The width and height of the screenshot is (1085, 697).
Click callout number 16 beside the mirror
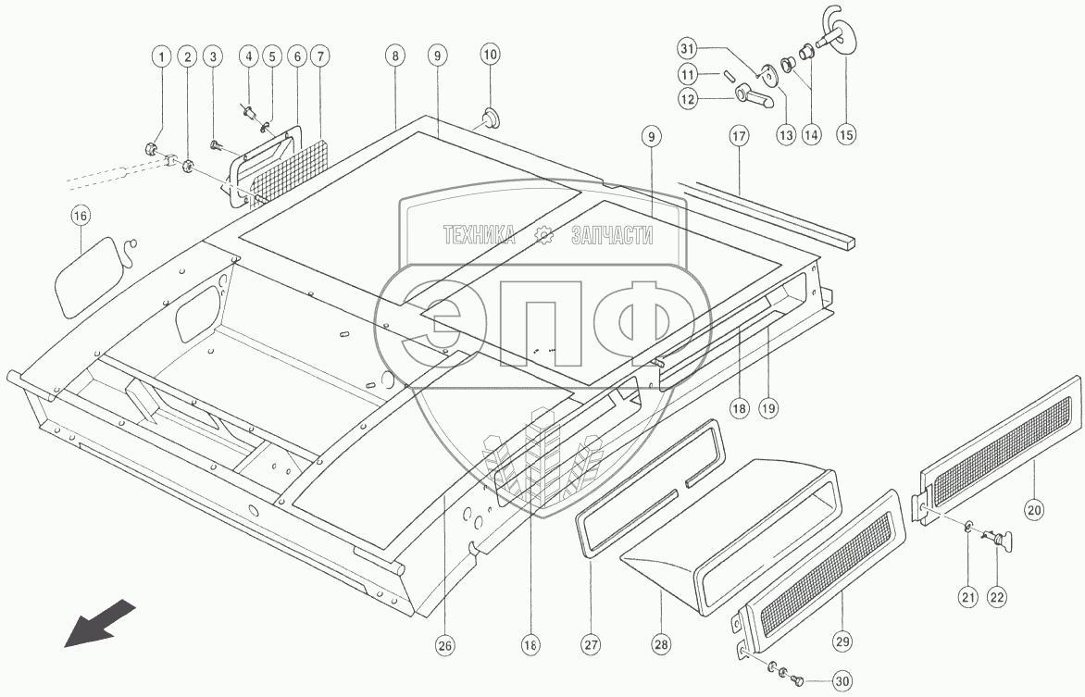click(x=81, y=216)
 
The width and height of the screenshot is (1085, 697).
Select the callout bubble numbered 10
click(x=490, y=56)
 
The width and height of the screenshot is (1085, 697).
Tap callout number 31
click(x=686, y=49)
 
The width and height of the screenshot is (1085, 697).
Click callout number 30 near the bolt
click(x=842, y=681)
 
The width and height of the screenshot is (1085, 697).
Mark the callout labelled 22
click(x=996, y=597)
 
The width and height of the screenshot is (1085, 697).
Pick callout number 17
click(x=738, y=136)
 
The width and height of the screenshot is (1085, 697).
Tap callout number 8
click(x=395, y=56)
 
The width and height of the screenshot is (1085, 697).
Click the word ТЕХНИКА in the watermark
click(x=480, y=235)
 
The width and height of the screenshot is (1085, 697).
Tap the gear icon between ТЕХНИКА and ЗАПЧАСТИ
click(x=544, y=236)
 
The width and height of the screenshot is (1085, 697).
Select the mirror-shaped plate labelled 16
click(x=90, y=275)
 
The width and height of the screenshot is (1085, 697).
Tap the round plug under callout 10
click(x=490, y=118)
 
